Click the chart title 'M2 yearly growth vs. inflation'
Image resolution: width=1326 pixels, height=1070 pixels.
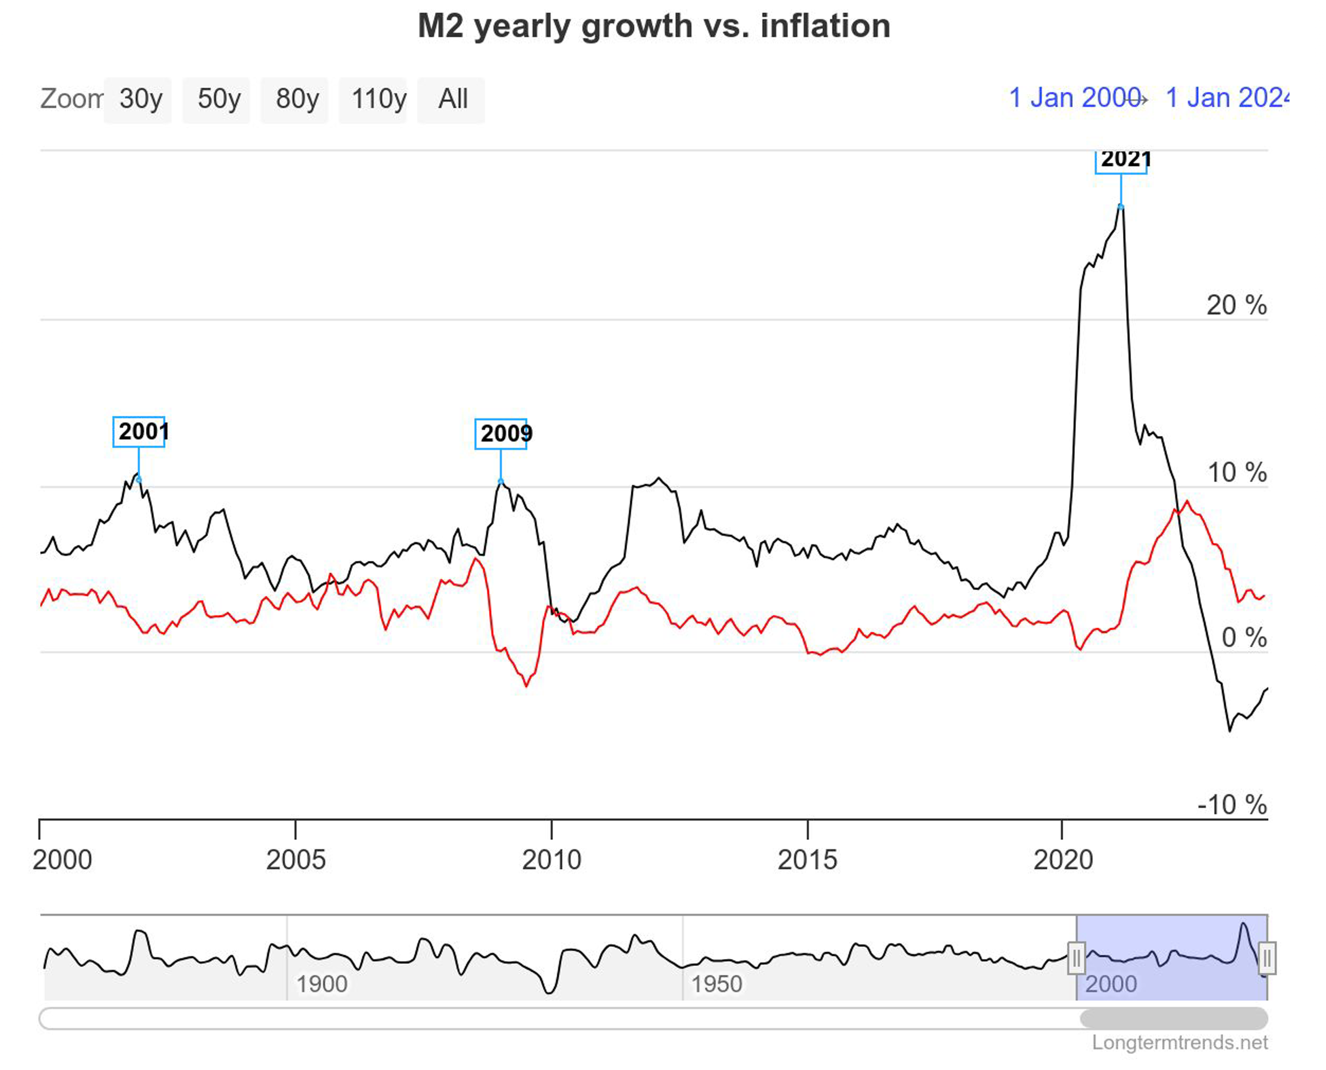pos(654,26)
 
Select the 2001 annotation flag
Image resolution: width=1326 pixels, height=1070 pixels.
pos(139,432)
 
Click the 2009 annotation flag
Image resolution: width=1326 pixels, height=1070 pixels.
pos(501,434)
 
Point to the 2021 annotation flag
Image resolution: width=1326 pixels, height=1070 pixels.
pos(1121,160)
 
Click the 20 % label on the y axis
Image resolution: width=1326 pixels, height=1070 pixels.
pos(1236,306)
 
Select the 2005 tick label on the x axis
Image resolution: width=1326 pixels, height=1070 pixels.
pos(296,860)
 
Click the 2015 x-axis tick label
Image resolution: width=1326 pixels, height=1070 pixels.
pos(807,860)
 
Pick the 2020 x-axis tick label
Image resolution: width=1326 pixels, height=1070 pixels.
pos(1063,860)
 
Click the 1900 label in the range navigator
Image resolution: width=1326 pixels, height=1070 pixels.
pos(321,984)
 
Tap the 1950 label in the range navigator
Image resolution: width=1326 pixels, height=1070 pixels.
pos(717,984)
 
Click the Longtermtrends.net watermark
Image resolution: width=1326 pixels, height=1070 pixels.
pos(1179,1042)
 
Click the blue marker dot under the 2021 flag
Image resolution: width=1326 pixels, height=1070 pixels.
pos(1121,206)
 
